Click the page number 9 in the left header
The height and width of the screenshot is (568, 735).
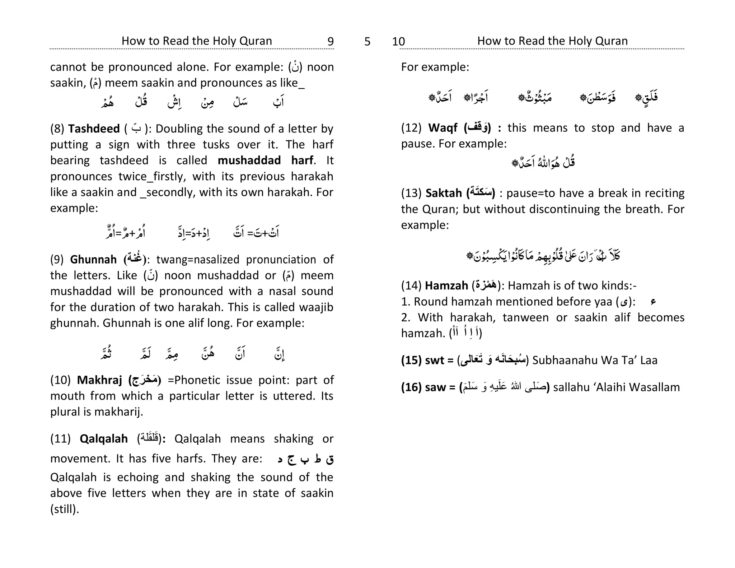(330, 42)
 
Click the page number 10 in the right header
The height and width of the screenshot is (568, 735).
(398, 42)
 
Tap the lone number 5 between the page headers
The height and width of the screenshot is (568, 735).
(367, 42)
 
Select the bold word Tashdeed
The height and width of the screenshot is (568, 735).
(94, 129)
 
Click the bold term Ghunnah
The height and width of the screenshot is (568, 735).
(93, 259)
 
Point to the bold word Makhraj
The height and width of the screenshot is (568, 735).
(99, 380)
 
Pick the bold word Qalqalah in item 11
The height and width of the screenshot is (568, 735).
(104, 438)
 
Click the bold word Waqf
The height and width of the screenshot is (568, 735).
(443, 127)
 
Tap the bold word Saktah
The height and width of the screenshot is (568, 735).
(444, 193)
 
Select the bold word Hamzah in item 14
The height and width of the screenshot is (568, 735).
(446, 285)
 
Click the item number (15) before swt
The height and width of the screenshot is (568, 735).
(411, 360)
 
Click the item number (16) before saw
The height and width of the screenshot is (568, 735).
(411, 387)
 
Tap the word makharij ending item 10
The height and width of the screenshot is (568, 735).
(118, 412)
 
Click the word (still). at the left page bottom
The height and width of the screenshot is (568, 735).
(65, 509)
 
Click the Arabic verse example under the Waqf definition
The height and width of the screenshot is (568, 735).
(543, 162)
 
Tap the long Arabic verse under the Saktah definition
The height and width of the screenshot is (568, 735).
(543, 256)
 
